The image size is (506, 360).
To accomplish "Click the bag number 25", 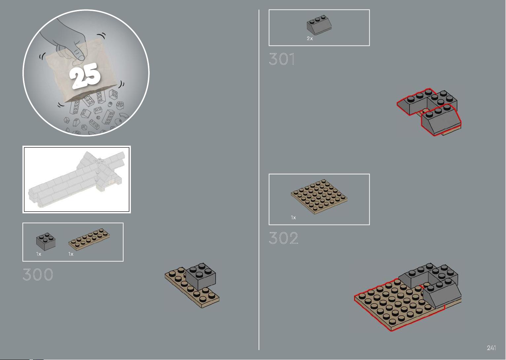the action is [x=85, y=76].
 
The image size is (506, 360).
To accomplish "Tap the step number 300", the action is [x=38, y=274].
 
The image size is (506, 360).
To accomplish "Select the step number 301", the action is [x=282, y=59].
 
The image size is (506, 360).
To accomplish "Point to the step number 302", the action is [x=283, y=238].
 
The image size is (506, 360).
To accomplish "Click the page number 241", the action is [x=491, y=348].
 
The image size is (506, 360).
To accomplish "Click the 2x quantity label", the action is [x=310, y=39].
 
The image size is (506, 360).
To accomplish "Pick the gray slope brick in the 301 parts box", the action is [x=319, y=25].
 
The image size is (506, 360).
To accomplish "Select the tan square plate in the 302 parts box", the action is [x=319, y=197].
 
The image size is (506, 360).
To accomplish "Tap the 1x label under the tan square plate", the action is [x=293, y=218].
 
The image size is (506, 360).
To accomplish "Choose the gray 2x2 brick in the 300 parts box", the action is [x=46, y=242].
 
